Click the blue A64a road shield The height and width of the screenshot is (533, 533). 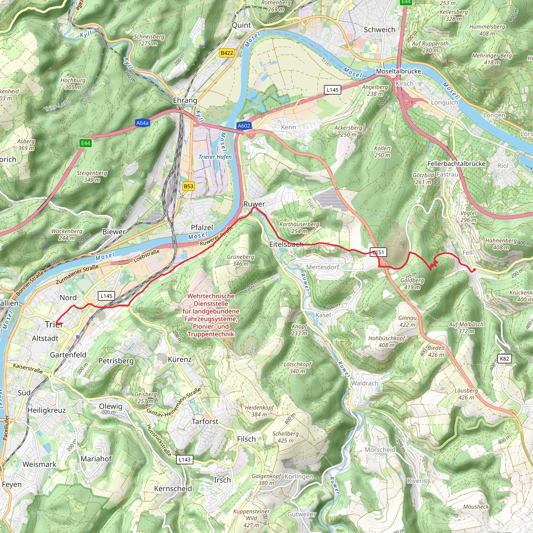[142, 123]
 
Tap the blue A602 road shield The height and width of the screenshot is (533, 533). [244, 126]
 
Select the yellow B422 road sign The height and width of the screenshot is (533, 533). [227, 53]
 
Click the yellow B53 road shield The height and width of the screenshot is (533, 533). [188, 186]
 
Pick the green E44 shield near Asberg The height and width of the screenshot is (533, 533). [86, 143]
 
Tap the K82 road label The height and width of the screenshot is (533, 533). [504, 359]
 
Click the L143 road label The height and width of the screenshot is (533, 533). [185, 460]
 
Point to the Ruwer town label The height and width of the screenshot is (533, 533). [254, 204]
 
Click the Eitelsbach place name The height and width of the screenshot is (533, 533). [286, 244]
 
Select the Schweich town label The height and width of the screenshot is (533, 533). [379, 30]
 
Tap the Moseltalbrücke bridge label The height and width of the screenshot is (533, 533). [399, 71]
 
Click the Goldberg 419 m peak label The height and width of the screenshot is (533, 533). [412, 284]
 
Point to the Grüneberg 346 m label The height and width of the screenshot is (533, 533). [240, 260]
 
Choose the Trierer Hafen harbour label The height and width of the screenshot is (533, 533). [215, 157]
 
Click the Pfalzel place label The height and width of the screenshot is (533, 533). [202, 228]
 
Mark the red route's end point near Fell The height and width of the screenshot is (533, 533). [474, 270]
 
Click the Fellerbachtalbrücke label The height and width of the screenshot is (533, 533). [456, 164]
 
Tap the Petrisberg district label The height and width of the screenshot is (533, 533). [116, 361]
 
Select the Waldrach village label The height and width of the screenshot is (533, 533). [364, 383]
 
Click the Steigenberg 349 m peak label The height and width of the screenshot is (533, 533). [92, 176]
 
